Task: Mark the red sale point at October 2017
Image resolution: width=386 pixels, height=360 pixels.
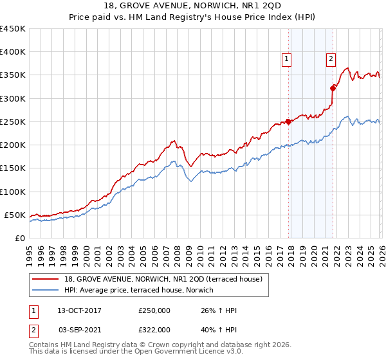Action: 288,122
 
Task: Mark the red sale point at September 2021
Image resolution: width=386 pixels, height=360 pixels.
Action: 333,88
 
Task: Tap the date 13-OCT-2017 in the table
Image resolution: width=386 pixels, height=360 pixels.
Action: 80,310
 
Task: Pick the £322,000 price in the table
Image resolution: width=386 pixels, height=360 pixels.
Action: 154,328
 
